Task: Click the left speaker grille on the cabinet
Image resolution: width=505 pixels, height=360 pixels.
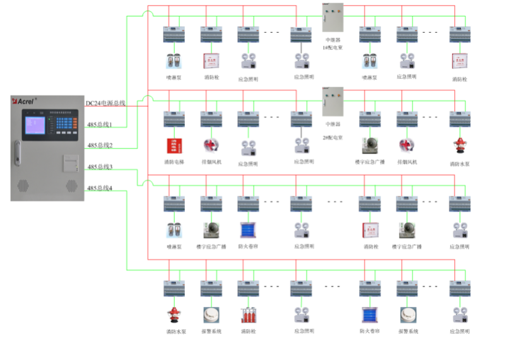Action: coord(23,186)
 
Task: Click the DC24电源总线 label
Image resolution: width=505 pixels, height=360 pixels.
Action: coord(105,102)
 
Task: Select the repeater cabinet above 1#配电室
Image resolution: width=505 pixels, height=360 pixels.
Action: coord(333,18)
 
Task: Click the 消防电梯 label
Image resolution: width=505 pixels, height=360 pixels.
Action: coord(174,163)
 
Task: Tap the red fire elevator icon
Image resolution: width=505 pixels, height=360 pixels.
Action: coord(174,146)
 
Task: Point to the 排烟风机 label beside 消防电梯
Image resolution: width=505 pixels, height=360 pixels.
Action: coord(211,163)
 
